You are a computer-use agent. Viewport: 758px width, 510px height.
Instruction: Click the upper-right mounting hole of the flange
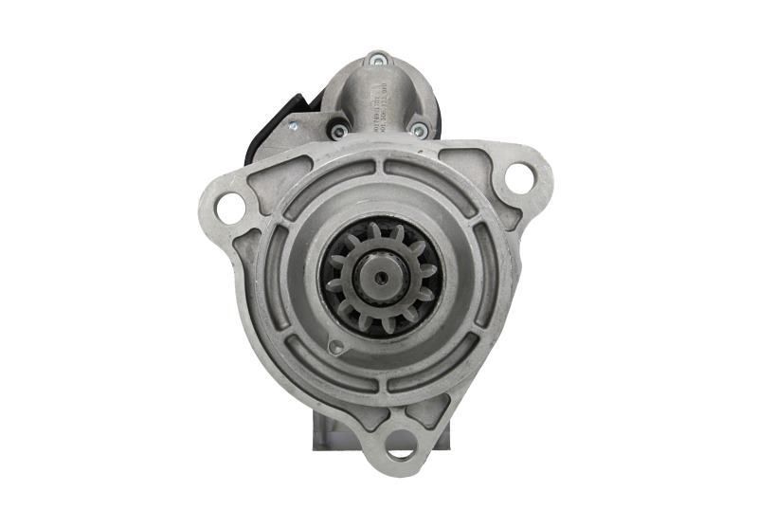tap(518, 176)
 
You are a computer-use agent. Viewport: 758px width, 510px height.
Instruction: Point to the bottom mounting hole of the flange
tap(402, 443)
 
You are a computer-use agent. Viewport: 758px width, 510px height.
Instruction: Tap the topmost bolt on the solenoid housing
tap(377, 60)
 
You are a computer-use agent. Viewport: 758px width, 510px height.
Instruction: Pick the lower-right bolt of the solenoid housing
tap(418, 128)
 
